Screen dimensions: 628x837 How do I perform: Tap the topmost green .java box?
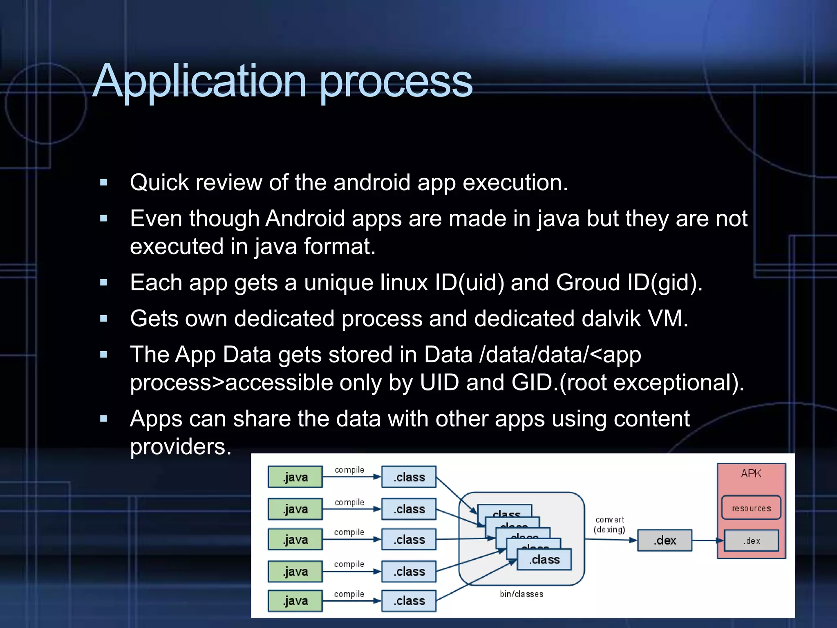point(295,477)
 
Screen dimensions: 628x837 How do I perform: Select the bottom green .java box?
point(295,601)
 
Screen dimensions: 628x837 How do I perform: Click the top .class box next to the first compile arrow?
point(409,477)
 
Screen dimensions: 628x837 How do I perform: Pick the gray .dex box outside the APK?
point(665,541)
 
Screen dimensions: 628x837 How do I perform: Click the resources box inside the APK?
point(751,508)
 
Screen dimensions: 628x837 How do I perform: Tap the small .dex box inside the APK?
point(752,541)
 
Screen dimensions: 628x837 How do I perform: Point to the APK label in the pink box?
point(751,473)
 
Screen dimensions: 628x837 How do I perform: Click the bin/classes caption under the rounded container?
point(521,594)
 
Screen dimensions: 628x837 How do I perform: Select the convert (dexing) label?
point(609,525)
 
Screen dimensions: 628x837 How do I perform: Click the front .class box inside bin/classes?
point(544,560)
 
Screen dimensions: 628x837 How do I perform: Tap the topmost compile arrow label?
point(349,470)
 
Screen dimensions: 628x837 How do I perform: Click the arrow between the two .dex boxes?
point(708,541)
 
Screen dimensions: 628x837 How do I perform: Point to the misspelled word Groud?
point(588,283)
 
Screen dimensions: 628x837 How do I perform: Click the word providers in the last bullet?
point(180,446)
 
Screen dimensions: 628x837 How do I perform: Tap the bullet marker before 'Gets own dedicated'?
point(104,318)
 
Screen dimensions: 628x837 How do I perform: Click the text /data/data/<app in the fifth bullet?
point(560,354)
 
